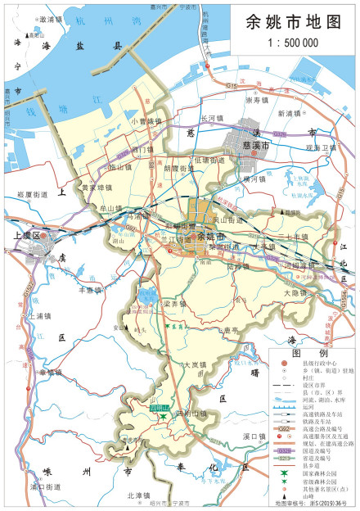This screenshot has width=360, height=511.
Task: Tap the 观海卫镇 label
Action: click(x=319, y=147)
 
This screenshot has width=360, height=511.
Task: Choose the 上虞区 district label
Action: click(x=31, y=234)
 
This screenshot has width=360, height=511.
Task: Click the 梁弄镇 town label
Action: click(x=175, y=304)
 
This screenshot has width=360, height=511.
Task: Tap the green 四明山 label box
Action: click(x=159, y=407)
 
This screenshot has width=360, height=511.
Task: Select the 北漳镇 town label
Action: click(x=140, y=495)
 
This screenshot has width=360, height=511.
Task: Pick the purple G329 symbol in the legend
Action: click(x=281, y=450)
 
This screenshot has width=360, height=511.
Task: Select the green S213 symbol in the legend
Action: click(x=281, y=459)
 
